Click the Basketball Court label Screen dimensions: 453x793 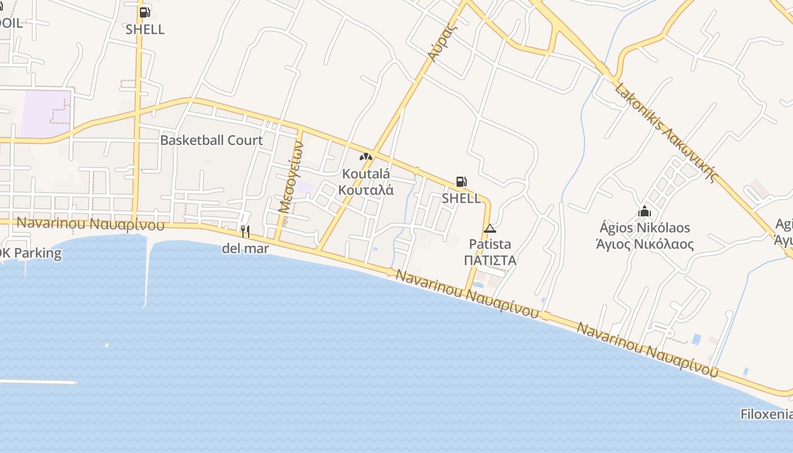pyautogui.click(x=211, y=140)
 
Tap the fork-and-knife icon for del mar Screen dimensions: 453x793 pyautogui.click(x=245, y=231)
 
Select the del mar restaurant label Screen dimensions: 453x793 pyautogui.click(x=245, y=248)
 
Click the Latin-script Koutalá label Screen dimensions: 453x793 pyautogui.click(x=366, y=173)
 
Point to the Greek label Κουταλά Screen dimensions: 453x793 pyautogui.click(x=366, y=190)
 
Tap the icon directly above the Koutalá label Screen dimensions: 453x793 pyautogui.click(x=366, y=157)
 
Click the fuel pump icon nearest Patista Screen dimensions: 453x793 pyautogui.click(x=461, y=182)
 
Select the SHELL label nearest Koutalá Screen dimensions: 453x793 pyautogui.click(x=461, y=198)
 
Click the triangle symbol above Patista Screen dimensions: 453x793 pyautogui.click(x=490, y=228)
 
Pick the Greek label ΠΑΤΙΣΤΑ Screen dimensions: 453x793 pyautogui.click(x=490, y=260)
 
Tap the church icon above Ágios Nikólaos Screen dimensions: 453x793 pyautogui.click(x=645, y=212)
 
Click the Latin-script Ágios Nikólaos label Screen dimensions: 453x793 pyautogui.click(x=645, y=228)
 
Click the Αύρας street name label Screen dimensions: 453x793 pyautogui.click(x=442, y=42)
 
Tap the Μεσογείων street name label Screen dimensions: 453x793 pyautogui.click(x=292, y=177)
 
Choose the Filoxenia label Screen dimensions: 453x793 pyautogui.click(x=766, y=414)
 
